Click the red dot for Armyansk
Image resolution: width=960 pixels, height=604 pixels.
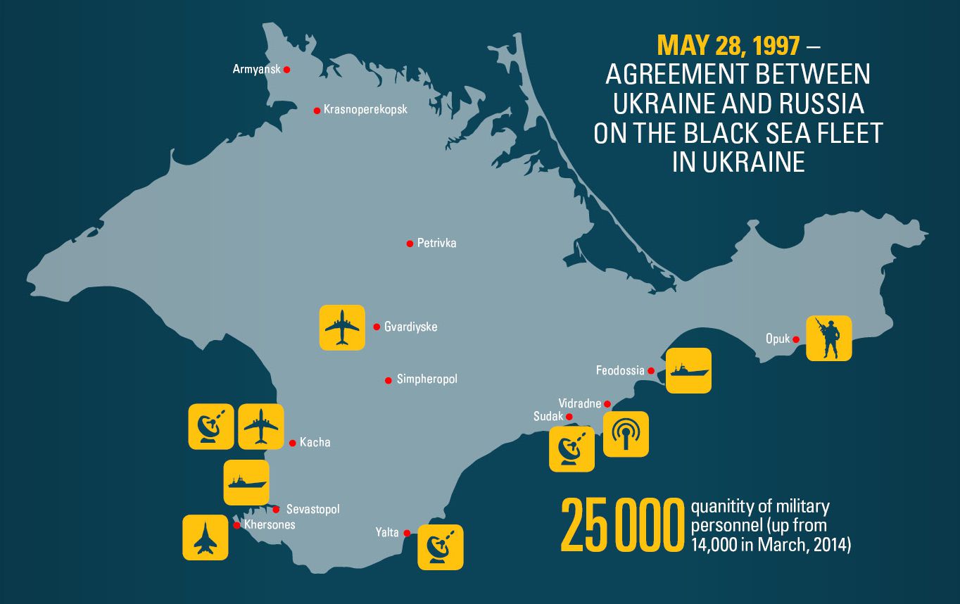pos(286,70)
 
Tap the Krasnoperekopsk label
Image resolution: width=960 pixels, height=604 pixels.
pos(365,110)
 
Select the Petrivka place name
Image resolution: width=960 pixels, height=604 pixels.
pos(436,243)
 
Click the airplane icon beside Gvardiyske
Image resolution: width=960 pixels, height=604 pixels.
pos(342,327)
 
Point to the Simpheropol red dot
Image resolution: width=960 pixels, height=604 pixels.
pos(388,380)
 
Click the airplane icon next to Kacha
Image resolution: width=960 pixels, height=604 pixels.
pos(260,427)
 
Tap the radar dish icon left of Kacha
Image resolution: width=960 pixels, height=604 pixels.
pos(211,427)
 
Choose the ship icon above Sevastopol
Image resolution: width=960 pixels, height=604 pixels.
pos(246,482)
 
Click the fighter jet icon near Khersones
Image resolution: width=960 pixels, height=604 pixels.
pos(205,538)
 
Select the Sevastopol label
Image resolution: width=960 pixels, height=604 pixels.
pos(312,509)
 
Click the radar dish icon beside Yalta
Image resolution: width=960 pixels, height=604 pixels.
pos(441,547)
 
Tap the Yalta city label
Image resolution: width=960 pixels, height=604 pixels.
pos(387,532)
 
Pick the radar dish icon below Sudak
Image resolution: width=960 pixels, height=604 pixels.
pos(571,448)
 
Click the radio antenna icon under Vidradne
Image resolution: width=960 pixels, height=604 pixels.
pos(626,434)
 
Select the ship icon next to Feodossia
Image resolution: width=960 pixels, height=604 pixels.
pos(688,370)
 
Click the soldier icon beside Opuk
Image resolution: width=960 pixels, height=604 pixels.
pos(828,338)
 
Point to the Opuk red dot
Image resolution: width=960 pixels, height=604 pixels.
pos(796,339)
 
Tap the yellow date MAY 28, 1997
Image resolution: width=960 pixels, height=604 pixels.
pos(728,45)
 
